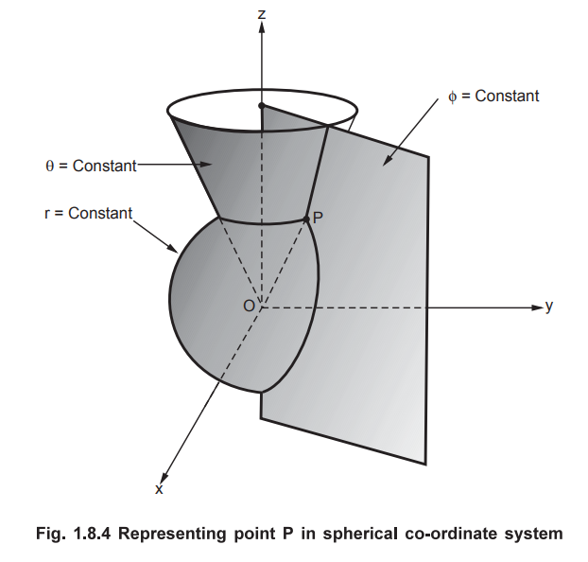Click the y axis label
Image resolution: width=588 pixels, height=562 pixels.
tap(548, 307)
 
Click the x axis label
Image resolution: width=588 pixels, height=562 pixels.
tap(159, 490)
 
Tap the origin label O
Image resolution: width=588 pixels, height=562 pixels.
tap(249, 306)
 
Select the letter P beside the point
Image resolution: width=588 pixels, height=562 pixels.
tap(319, 218)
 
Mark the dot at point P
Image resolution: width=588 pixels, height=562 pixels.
tap(307, 220)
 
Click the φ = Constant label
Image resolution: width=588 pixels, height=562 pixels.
tap(493, 97)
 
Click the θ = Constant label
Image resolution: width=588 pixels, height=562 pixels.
tap(91, 167)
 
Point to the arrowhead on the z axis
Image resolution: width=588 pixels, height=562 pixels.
tap(262, 26)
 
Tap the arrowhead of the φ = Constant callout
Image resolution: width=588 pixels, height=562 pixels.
tap(384, 164)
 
